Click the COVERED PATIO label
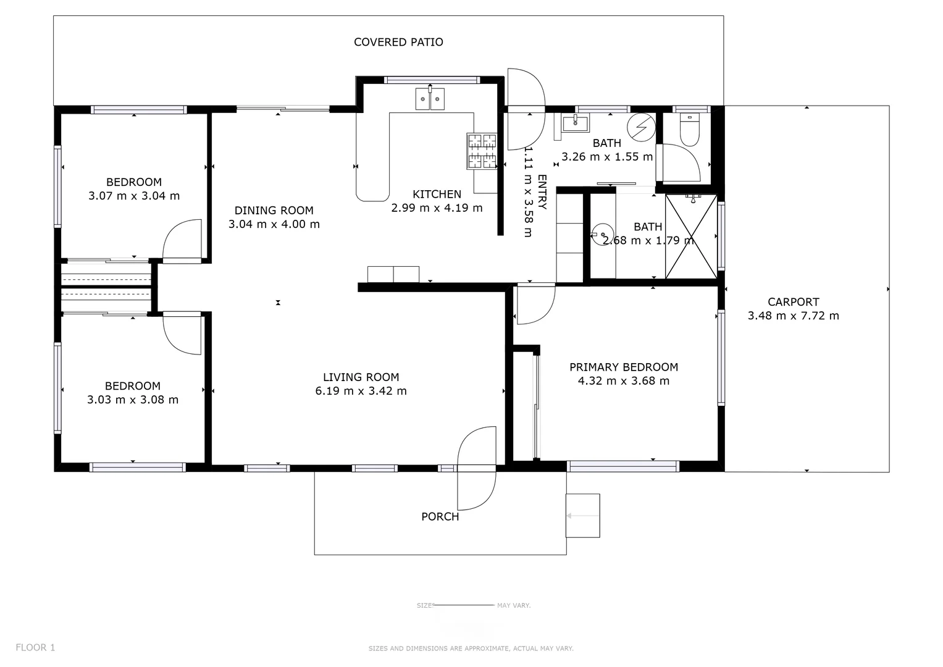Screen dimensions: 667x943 click(398, 42)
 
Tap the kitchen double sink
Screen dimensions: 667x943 click(430, 99)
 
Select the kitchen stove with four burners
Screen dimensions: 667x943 click(482, 151)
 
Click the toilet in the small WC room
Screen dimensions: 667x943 click(689, 130)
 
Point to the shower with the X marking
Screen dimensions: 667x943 click(690, 237)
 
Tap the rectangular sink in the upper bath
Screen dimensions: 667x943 click(576, 123)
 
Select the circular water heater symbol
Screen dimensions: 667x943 click(640, 127)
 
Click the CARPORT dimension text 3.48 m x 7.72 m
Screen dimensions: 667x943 click(793, 316)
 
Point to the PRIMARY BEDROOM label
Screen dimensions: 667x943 click(623, 367)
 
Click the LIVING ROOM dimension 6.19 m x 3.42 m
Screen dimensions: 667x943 click(361, 391)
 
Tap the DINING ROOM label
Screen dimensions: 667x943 click(274, 211)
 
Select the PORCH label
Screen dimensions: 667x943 click(440, 516)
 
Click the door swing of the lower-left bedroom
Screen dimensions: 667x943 click(183, 334)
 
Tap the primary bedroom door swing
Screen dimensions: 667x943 click(535, 304)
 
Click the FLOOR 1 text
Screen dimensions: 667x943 click(35, 647)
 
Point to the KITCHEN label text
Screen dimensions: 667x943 click(437, 194)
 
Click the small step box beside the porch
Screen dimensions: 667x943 click(582, 515)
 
